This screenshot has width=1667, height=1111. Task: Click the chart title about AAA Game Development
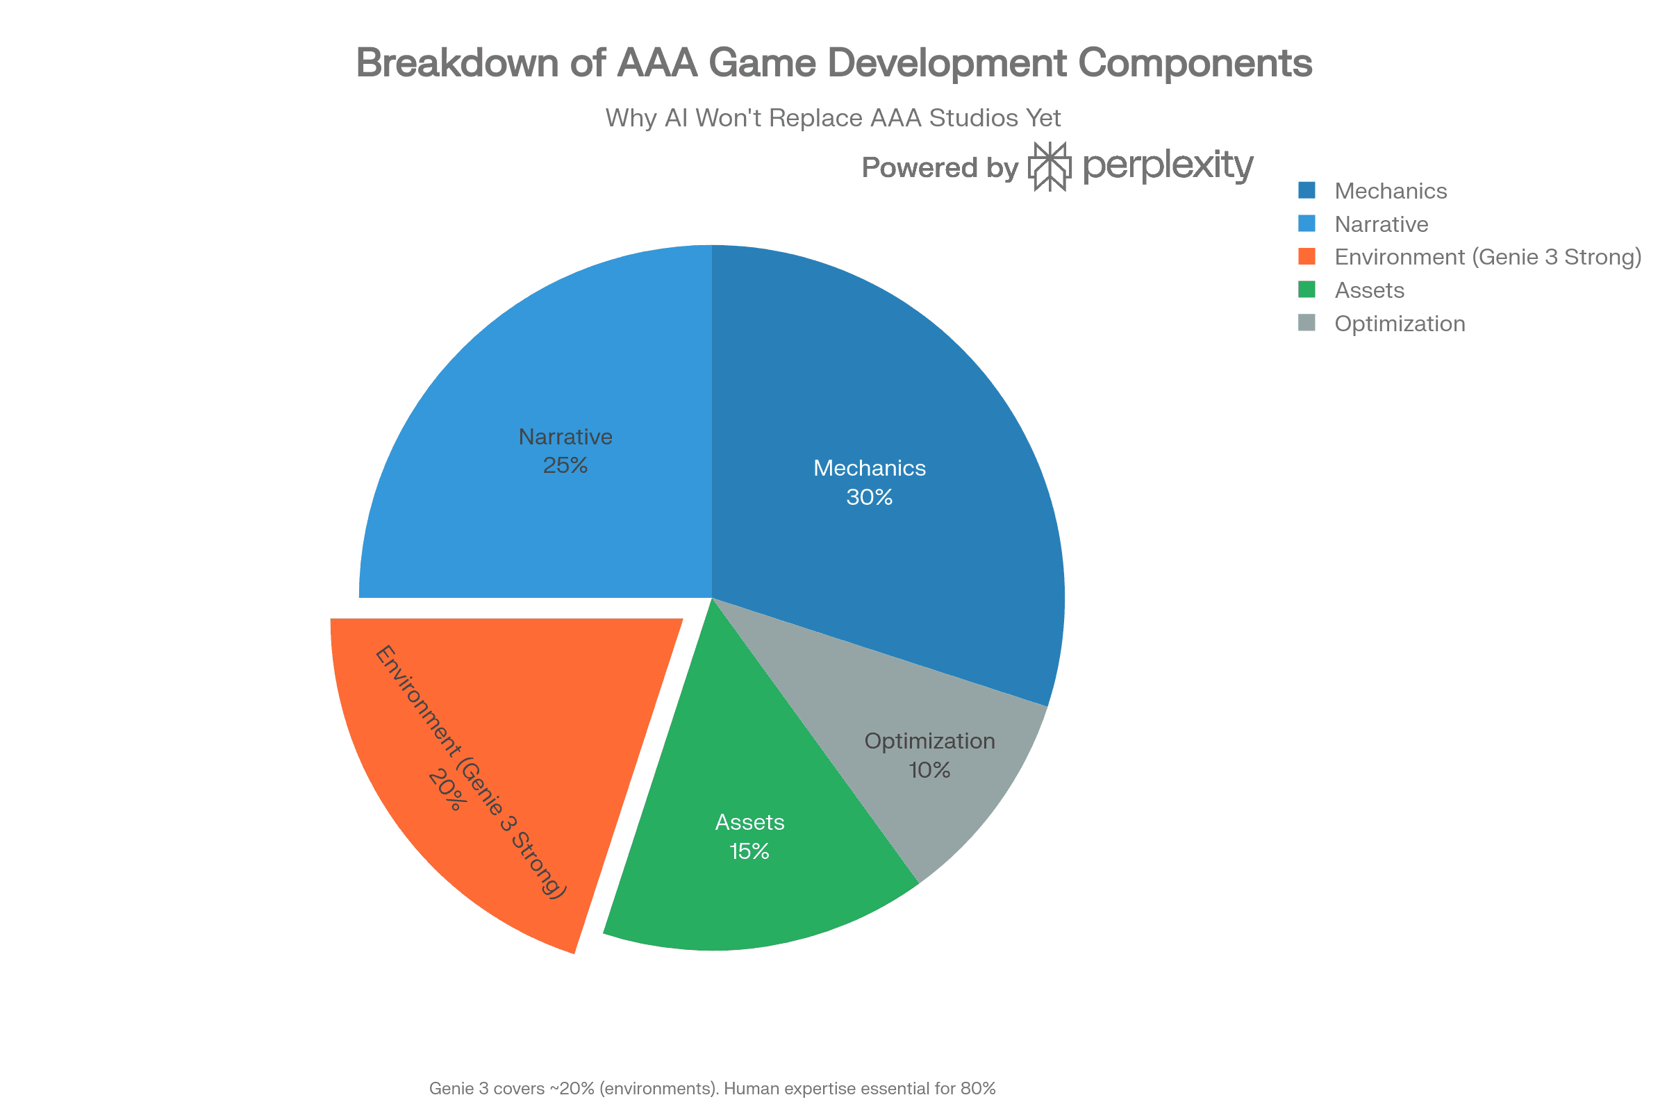click(833, 62)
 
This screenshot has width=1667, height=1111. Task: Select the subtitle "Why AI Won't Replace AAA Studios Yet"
click(833, 117)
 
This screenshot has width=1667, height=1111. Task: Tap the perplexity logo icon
click(1049, 167)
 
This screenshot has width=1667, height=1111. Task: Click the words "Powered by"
click(940, 168)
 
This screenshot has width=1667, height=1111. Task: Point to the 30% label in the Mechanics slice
click(869, 497)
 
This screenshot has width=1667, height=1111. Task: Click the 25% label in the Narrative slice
click(565, 465)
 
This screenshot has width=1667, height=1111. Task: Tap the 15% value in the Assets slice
click(749, 851)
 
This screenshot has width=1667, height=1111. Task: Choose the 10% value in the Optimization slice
click(929, 770)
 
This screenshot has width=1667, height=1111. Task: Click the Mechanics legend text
click(1390, 190)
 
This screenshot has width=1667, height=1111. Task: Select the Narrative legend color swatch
click(1307, 223)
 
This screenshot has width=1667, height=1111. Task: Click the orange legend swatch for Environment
click(1307, 256)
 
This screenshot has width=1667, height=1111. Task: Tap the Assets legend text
click(1368, 290)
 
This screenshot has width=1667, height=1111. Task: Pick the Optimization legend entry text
click(1399, 323)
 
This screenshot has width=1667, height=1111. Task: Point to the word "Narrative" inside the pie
click(565, 437)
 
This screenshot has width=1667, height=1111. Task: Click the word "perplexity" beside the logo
click(1168, 165)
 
